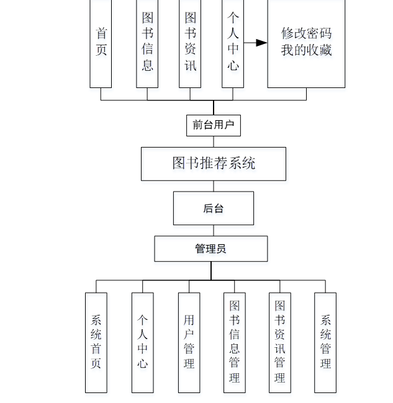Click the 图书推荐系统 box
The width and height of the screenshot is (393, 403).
213,164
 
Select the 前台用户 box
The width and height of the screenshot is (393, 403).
213,125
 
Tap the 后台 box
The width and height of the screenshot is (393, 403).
213,208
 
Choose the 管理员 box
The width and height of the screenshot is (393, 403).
211,249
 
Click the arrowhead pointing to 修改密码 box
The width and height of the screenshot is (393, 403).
262,43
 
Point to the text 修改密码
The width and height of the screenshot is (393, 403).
306,33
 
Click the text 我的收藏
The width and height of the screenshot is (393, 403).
306,50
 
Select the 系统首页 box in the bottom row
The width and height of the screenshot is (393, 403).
96,342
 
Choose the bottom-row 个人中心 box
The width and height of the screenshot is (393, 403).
143,342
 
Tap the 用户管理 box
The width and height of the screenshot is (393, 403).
189,342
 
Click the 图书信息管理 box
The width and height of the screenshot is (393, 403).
235,342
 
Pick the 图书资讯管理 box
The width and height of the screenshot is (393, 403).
280,342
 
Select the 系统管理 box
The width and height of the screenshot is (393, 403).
325,342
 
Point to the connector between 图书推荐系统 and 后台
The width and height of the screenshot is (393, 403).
213,186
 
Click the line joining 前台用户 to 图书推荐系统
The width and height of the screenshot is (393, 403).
213,141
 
